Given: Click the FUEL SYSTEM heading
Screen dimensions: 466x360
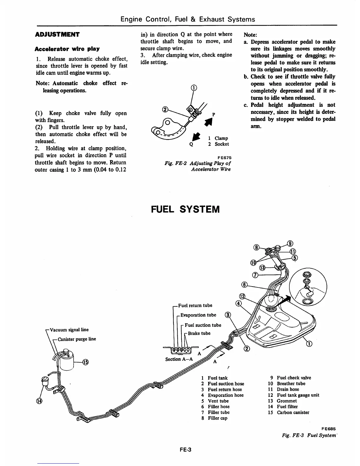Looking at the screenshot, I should click(x=185, y=209).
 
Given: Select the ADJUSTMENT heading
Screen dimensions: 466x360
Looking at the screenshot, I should click(x=57, y=34).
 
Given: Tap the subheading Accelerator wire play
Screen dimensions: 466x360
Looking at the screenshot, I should click(x=67, y=49).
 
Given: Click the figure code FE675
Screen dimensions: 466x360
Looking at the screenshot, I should click(x=224, y=157).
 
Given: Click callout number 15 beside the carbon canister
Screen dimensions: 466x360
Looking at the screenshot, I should click(x=85, y=362).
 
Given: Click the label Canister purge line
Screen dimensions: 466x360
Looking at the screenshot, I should click(x=76, y=339).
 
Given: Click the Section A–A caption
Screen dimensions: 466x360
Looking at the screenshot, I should click(x=179, y=359).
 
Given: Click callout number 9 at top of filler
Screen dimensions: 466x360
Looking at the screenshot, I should click(x=290, y=243).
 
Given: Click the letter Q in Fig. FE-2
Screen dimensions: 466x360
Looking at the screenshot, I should click(x=191, y=144).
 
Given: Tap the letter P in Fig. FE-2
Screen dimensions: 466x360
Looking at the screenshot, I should click(x=214, y=114).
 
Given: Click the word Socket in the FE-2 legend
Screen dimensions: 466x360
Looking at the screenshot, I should click(x=221, y=144).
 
